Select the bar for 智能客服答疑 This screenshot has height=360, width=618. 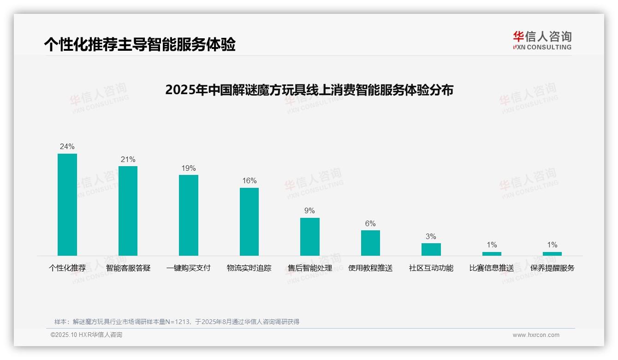pyautogui.click(x=128, y=211)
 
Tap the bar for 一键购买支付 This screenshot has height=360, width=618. pyautogui.click(x=189, y=215)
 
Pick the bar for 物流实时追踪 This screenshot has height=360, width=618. pyautogui.click(x=249, y=222)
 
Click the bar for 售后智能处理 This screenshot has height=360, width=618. pyautogui.click(x=310, y=237)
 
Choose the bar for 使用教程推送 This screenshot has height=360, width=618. pyautogui.click(x=370, y=243)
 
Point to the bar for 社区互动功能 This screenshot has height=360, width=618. pyautogui.click(x=431, y=249)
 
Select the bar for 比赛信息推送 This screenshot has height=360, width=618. pyautogui.click(x=492, y=254)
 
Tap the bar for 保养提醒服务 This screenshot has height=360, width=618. pyautogui.click(x=552, y=254)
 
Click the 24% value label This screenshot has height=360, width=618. pyautogui.click(x=67, y=147)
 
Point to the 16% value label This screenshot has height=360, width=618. pyautogui.click(x=249, y=181)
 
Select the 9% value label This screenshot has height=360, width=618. pyautogui.click(x=309, y=211)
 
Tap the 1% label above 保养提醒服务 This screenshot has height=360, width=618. pyautogui.click(x=552, y=245)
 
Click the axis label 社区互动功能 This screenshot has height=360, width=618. pyautogui.click(x=431, y=268)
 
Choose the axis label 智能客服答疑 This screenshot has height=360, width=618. pyautogui.click(x=128, y=268)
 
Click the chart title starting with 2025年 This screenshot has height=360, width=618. pyautogui.click(x=309, y=90)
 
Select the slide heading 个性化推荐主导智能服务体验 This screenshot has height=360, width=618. pyautogui.click(x=140, y=44)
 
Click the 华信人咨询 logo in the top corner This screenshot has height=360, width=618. pyautogui.click(x=542, y=41)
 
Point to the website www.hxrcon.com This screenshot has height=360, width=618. pyautogui.click(x=536, y=335)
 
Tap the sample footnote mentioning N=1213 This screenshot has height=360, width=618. pyautogui.click(x=177, y=322)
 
